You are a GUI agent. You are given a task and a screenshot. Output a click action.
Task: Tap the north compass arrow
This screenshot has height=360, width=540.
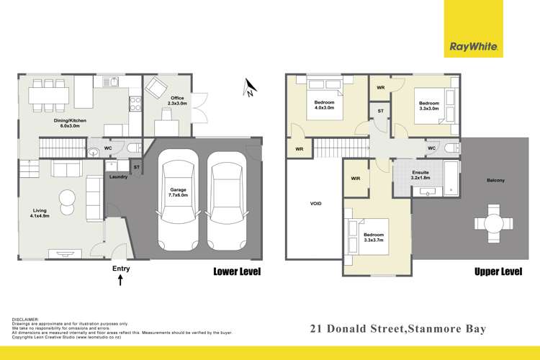(248, 87)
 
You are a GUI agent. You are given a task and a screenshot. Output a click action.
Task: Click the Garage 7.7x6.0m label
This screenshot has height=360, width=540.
(179, 192)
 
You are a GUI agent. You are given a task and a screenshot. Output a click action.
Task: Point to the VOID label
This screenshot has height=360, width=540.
(315, 204)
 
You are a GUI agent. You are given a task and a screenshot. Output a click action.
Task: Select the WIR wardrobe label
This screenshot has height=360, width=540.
(355, 179)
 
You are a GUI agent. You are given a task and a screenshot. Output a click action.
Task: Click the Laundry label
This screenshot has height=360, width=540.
(119, 176)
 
